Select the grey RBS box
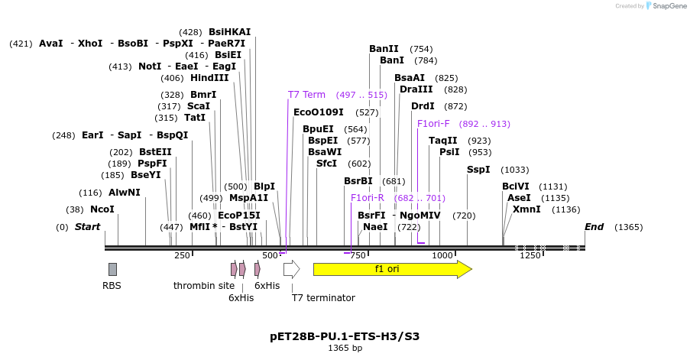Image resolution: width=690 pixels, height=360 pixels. pyautogui.click(x=112, y=269)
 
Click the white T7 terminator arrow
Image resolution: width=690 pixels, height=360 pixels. pyautogui.click(x=291, y=269)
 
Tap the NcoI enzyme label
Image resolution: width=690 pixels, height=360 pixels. pyautogui.click(x=102, y=209)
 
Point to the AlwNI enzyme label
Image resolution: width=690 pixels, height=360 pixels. pyautogui.click(x=125, y=193)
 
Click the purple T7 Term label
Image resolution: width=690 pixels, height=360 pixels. pyautogui.click(x=306, y=95)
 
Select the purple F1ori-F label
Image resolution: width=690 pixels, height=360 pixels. pyautogui.click(x=433, y=124)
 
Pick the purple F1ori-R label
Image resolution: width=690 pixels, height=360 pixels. pyautogui.click(x=368, y=198)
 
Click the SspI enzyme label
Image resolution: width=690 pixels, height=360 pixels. pyautogui.click(x=478, y=170)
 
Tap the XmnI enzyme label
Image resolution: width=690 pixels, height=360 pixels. pyautogui.click(x=526, y=209)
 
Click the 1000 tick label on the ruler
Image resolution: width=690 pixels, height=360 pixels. pyautogui.click(x=443, y=255)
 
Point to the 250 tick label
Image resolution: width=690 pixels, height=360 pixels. pyautogui.click(x=182, y=255)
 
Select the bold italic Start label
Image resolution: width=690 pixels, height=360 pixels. pyautogui.click(x=87, y=227)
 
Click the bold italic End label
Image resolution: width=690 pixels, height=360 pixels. pyautogui.click(x=594, y=227)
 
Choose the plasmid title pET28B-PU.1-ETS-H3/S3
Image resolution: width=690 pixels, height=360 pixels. pyautogui.click(x=345, y=336)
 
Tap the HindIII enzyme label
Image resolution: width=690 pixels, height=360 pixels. pyautogui.click(x=209, y=78)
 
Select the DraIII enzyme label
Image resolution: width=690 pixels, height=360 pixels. pyautogui.click(x=416, y=89)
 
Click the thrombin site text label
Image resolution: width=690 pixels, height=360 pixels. pyautogui.click(x=204, y=286)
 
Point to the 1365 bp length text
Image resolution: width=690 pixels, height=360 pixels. pyautogui.click(x=345, y=349)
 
